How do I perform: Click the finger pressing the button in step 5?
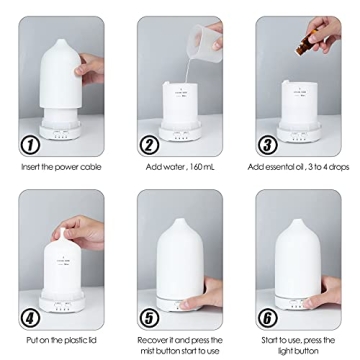coord(205,293)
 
